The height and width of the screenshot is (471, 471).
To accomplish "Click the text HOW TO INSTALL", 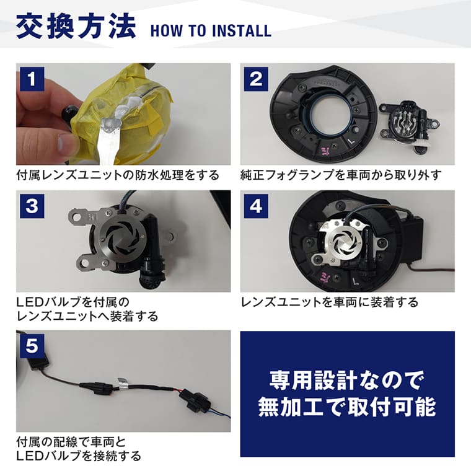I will click(x=211, y=30).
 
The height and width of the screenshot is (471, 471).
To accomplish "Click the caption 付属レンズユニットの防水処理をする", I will click(x=118, y=175).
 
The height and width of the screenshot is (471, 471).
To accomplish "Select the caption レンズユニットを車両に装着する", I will click(x=329, y=302).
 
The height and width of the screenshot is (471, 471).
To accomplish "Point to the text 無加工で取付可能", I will click(x=347, y=407).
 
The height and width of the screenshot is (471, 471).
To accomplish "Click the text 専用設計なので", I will click(x=347, y=379).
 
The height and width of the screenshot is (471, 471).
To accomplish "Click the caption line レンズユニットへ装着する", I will click(x=87, y=317).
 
